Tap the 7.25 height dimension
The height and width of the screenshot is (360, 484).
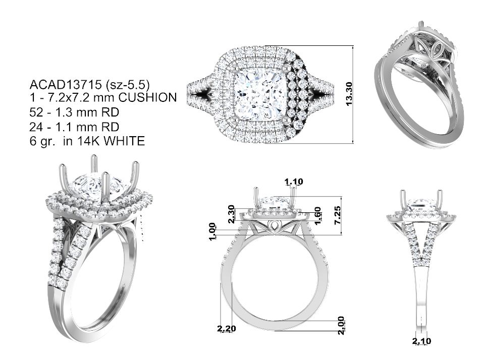[338, 215]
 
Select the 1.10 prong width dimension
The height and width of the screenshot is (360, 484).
[294, 182]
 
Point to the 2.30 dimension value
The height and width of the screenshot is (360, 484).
[231, 214]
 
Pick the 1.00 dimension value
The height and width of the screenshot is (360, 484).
[212, 231]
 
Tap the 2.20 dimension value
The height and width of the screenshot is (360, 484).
[226, 329]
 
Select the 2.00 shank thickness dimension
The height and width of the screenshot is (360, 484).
[341, 325]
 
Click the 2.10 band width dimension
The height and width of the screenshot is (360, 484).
[421, 341]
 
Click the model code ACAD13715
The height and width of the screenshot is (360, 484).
[66, 84]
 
